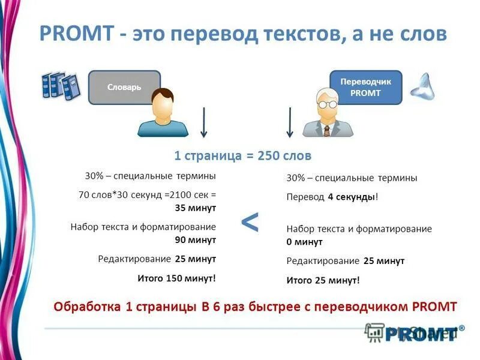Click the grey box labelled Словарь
(124, 87)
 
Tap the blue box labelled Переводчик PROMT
(365, 87)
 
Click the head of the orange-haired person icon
(163, 103)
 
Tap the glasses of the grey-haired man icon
(328, 104)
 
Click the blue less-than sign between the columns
(250, 223)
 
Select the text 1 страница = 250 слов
(242, 156)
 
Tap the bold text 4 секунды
(352, 197)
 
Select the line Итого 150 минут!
(176, 278)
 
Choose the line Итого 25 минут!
(323, 280)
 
